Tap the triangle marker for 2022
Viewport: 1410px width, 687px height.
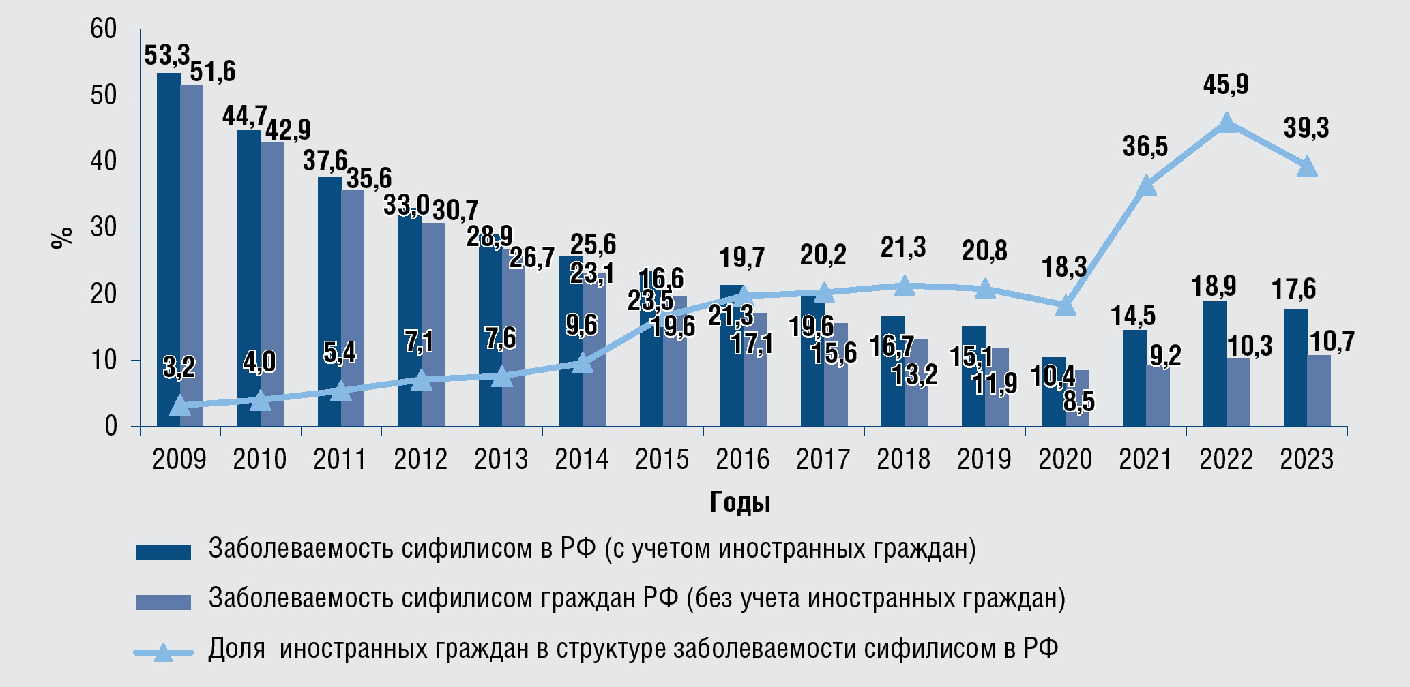pyautogui.click(x=1227, y=123)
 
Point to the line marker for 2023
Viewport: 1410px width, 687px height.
pyautogui.click(x=1307, y=167)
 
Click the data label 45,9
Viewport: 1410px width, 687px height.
pyautogui.click(x=1226, y=85)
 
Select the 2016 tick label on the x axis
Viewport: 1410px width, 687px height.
pyautogui.click(x=742, y=459)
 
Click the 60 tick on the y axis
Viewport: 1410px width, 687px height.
pyautogui.click(x=104, y=29)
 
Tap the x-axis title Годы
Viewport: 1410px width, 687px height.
pyautogui.click(x=740, y=502)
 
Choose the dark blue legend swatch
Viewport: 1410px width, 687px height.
pyautogui.click(x=163, y=551)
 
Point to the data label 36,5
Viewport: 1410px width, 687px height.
pyautogui.click(x=1145, y=147)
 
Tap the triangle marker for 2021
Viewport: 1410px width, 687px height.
pyautogui.click(x=1147, y=185)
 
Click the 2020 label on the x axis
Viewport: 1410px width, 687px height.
pyautogui.click(x=1065, y=459)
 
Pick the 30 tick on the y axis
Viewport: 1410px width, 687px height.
pyautogui.click(x=104, y=228)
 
